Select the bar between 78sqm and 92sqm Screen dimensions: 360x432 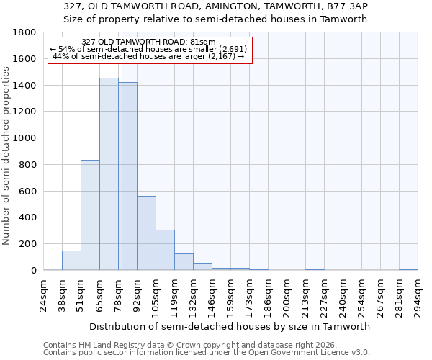point(127,176)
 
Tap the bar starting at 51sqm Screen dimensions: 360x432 point(90,215)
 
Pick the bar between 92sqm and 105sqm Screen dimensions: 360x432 point(146,233)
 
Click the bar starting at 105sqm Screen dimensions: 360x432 point(165,250)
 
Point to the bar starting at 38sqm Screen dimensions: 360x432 point(71,261)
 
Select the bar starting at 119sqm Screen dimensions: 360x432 point(184,262)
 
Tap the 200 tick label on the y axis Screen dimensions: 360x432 point(29,244)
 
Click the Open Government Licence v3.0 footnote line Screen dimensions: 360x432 point(207,353)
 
